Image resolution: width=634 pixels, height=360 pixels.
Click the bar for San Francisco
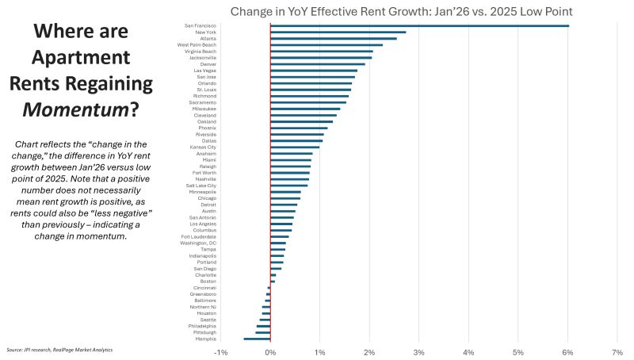(419, 25)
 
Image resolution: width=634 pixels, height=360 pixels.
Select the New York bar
(338, 32)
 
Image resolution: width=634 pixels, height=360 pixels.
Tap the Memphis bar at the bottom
(257, 339)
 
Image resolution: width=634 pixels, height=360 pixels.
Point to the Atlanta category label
(208, 38)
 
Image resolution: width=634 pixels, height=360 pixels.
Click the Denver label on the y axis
(209, 64)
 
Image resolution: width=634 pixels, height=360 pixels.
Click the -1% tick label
(221, 351)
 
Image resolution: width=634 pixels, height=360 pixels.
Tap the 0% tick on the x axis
(270, 351)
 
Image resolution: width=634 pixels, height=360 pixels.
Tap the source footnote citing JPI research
(59, 350)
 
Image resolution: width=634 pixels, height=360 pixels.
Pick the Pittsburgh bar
(263, 333)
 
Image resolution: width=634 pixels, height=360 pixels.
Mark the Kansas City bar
(295, 147)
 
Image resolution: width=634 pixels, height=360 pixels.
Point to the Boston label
(208, 281)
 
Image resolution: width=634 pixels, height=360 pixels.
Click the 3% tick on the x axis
(419, 351)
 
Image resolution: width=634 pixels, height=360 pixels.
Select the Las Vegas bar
(314, 71)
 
